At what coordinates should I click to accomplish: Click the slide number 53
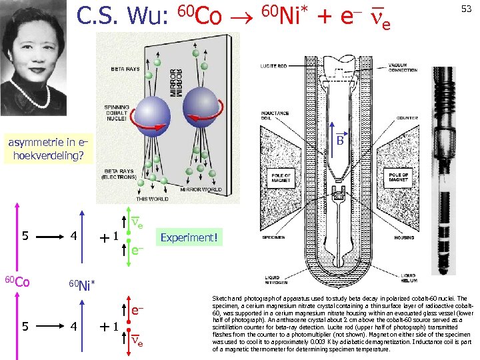click(466, 9)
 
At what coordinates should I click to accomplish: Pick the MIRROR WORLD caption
click(202, 189)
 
